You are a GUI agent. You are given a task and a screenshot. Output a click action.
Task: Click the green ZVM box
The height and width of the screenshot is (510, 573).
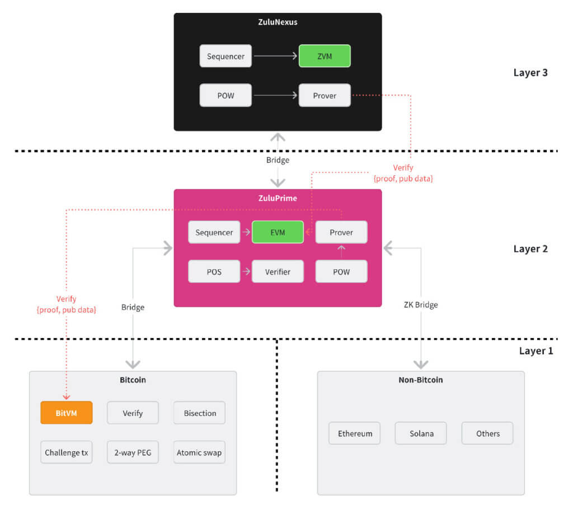point(325,56)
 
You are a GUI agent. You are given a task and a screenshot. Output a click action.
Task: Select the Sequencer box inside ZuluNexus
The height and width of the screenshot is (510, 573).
point(226,56)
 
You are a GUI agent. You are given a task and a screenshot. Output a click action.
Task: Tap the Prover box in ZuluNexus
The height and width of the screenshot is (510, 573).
point(325,95)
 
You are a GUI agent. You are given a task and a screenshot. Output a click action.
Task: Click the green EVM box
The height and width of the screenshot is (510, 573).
point(278,232)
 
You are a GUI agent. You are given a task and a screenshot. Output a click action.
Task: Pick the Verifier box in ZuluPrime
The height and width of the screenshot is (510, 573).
point(278,272)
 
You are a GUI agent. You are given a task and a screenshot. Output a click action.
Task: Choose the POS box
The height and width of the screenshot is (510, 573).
point(214,272)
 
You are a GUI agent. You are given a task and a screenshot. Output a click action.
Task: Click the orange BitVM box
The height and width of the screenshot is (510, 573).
point(67,413)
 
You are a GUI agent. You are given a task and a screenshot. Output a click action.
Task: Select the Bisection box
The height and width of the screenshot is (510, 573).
point(200,413)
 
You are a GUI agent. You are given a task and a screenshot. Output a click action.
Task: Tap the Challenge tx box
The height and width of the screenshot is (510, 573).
point(67,452)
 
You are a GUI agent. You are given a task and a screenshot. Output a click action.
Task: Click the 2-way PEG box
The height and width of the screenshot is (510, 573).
point(133,452)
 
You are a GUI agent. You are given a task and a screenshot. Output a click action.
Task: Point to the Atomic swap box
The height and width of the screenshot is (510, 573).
point(200,452)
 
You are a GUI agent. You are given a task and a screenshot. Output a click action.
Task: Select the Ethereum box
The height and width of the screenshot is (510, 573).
point(354,433)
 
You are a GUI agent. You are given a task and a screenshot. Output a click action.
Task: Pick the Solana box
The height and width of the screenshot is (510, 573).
point(421,433)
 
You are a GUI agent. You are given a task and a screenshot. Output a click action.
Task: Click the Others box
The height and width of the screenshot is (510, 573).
point(487,433)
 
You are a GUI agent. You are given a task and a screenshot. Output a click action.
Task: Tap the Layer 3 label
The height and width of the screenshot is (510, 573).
point(530,73)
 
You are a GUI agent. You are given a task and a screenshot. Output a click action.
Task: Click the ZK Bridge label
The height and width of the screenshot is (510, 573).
point(421,305)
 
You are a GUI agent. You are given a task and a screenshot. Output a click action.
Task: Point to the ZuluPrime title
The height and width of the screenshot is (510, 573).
point(278,198)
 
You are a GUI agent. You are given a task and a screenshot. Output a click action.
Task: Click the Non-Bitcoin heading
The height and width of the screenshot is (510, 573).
point(421,380)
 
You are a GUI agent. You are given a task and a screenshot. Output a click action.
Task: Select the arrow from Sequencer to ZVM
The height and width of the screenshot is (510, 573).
point(275,56)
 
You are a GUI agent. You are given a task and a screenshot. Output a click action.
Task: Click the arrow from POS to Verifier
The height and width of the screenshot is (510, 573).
point(246,272)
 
